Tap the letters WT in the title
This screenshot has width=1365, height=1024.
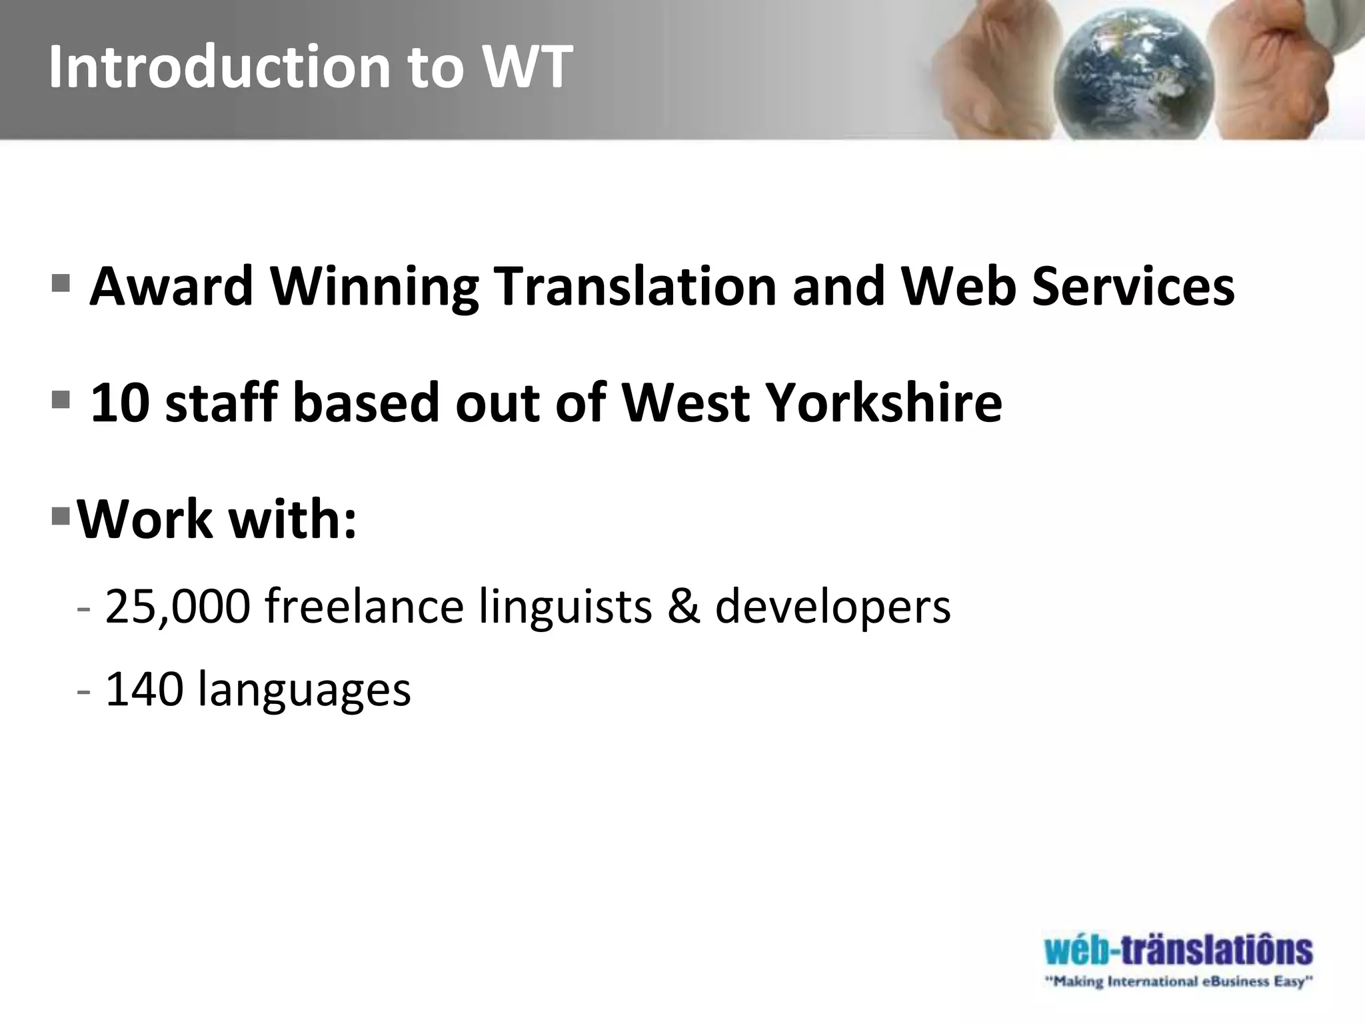click(527, 67)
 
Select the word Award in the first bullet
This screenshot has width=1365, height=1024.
click(172, 287)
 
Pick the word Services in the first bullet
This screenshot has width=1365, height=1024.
click(1133, 287)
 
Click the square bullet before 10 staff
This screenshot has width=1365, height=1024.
click(60, 399)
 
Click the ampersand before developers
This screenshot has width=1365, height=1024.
click(684, 607)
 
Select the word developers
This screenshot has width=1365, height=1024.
click(833, 607)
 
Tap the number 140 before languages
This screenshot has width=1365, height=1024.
click(145, 689)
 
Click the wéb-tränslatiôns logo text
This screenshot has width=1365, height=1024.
click(1178, 950)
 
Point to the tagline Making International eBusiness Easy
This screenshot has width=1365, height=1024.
click(1178, 981)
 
